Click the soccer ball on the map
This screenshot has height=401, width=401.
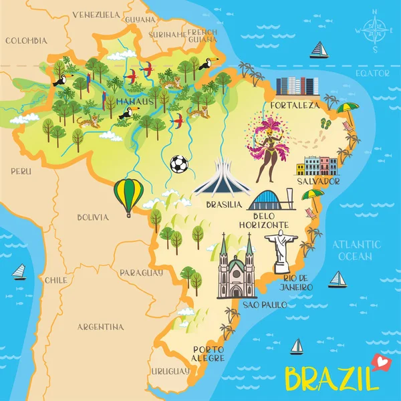point(178,164)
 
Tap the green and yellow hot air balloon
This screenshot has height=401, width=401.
point(128,194)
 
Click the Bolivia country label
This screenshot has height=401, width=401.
point(92,217)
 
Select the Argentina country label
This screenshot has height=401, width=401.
point(100,327)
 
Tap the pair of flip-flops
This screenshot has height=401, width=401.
point(325,123)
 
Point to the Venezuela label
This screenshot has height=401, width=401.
point(96,14)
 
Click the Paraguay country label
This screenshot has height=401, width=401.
point(141,273)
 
